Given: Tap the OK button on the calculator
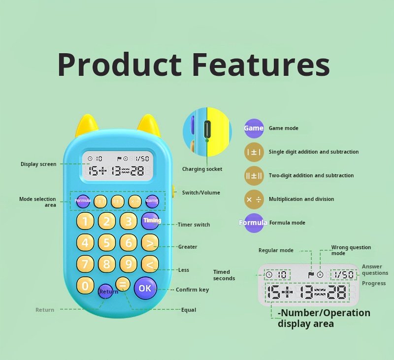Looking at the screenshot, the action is [x=145, y=288].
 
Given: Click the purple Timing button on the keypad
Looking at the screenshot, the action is [x=150, y=221].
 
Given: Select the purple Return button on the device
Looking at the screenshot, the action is [x=105, y=291].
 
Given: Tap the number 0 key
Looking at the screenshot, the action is [x=85, y=285].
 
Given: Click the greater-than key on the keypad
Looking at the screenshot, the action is [x=150, y=243].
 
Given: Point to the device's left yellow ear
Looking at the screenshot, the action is [x=87, y=126].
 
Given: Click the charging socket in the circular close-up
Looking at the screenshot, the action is [x=207, y=129].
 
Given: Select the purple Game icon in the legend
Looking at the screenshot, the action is [x=254, y=128].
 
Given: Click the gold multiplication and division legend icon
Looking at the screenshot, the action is [x=254, y=199].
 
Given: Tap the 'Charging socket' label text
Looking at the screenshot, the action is [x=202, y=169].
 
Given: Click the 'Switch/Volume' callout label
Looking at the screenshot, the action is [x=201, y=193].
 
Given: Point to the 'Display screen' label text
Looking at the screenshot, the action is [x=38, y=164].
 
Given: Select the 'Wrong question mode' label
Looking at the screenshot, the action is [x=351, y=250].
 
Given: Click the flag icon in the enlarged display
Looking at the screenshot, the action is [x=311, y=275].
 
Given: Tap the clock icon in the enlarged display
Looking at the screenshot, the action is [x=269, y=275].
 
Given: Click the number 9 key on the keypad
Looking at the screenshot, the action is [x=129, y=264].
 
